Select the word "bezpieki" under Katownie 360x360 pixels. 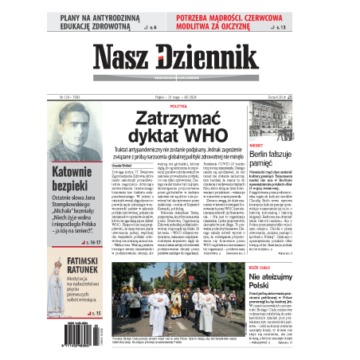[70, 185]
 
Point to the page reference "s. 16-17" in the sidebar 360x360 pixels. [96, 237]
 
